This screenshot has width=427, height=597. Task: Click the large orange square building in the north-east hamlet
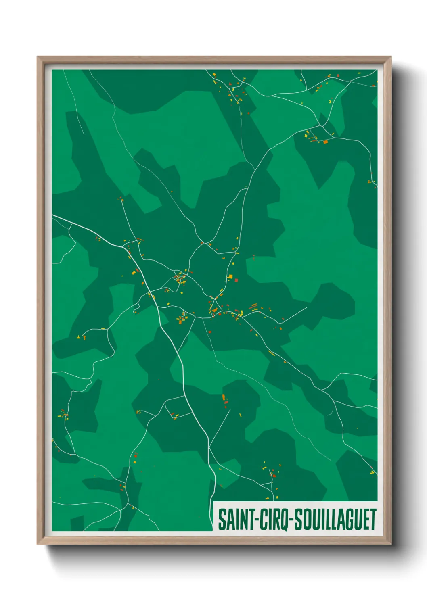tap(325, 142)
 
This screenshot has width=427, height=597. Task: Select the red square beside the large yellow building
tap(236, 280)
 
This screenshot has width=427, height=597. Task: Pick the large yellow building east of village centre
tap(230, 277)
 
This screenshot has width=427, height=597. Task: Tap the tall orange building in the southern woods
tap(223, 397)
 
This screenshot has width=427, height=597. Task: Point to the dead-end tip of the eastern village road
tap(306, 308)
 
